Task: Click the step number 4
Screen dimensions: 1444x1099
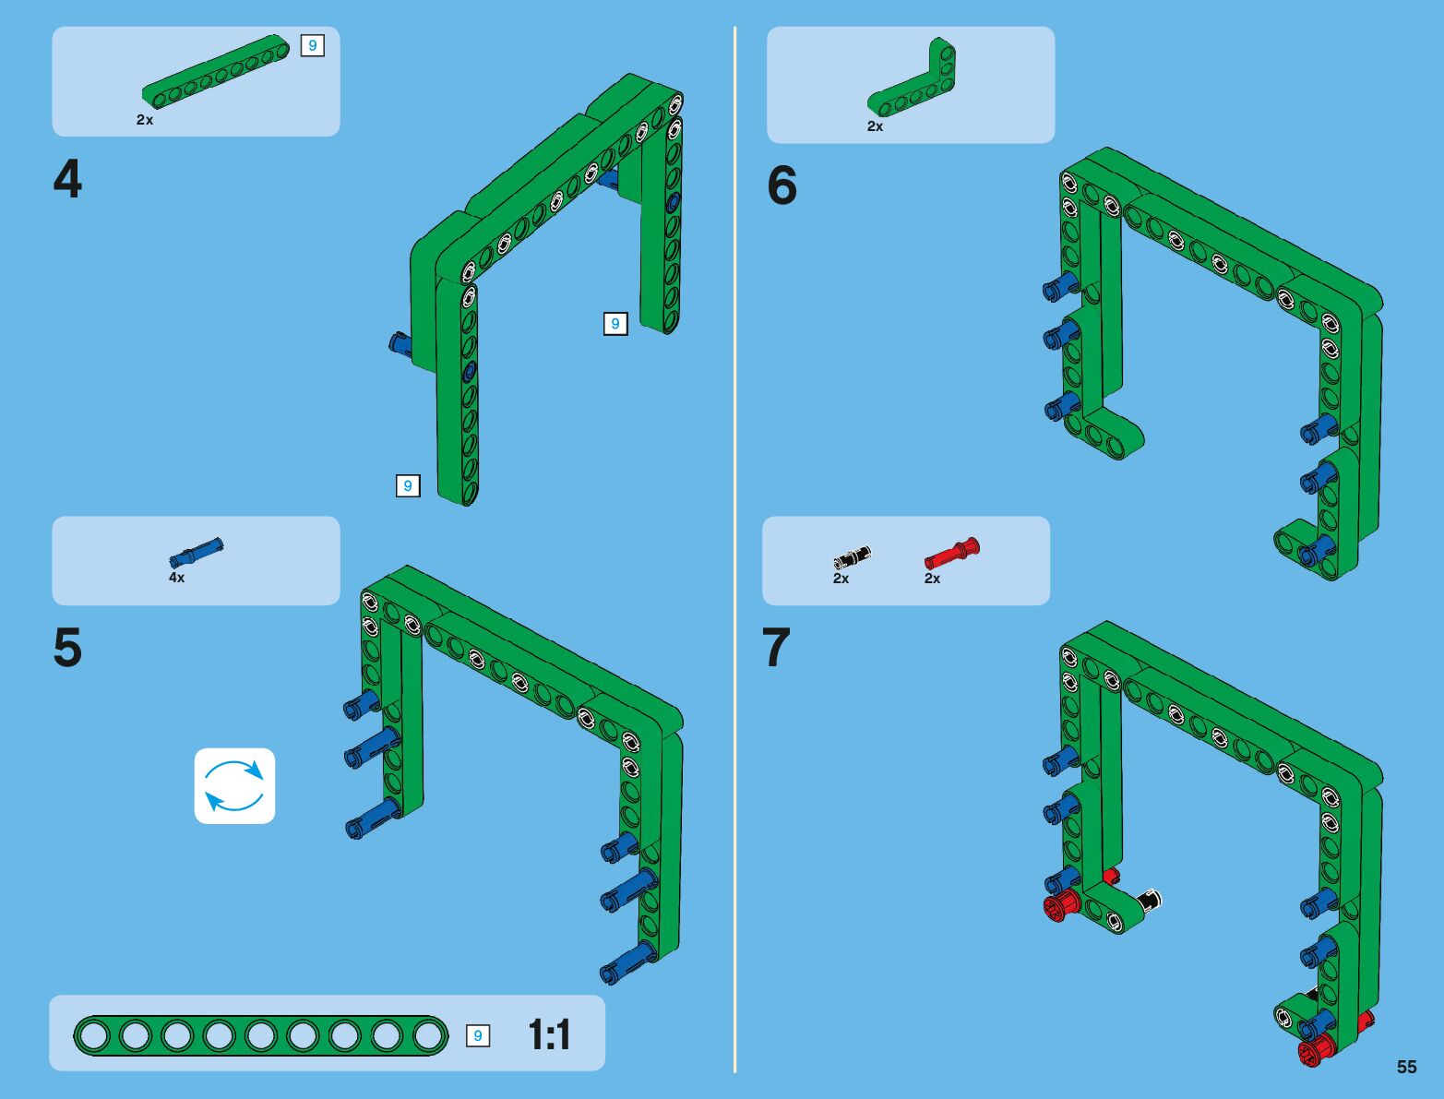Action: coord(67,180)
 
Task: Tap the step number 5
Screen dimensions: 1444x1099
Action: coord(67,648)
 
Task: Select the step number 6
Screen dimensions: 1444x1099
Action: coord(782,186)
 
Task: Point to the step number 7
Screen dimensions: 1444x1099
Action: coord(777,648)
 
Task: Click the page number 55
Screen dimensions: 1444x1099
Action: coord(1406,1067)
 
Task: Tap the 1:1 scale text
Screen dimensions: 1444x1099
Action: coord(549,1035)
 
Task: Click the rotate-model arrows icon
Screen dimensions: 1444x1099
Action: coord(234,786)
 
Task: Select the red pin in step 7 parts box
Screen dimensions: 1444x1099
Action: coord(952,554)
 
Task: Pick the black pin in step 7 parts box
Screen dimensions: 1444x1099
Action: coord(852,556)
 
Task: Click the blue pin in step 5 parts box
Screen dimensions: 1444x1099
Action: coord(196,552)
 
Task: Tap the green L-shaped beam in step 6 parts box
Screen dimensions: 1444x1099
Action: coord(913,81)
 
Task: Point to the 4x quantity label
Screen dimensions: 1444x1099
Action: coord(176,578)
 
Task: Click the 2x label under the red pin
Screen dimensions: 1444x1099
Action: coord(932,579)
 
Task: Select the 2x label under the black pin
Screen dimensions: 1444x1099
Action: coord(841,579)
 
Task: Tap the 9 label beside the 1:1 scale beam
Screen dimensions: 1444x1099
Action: coord(477,1035)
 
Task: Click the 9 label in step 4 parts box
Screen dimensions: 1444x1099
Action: coord(312,45)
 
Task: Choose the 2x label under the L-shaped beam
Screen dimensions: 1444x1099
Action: coord(875,126)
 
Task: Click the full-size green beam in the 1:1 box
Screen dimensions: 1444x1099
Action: coord(260,1035)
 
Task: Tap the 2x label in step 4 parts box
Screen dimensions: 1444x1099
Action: coord(145,120)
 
